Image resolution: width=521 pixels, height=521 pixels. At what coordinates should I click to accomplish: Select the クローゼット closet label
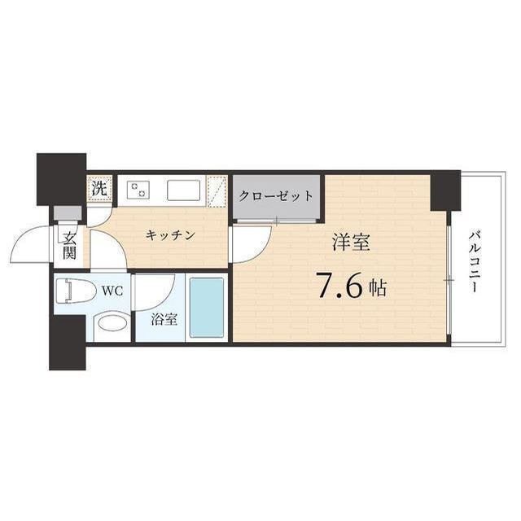276,196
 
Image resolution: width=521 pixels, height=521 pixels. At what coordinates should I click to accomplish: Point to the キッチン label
171,236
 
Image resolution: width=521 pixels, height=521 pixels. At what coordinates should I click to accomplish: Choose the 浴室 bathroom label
164,318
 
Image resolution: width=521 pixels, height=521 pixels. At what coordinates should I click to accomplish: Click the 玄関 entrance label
69,244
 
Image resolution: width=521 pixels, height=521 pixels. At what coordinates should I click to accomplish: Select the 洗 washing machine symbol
99,190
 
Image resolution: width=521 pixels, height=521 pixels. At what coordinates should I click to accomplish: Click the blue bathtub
206,307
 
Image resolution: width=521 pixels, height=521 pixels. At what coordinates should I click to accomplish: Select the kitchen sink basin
184,190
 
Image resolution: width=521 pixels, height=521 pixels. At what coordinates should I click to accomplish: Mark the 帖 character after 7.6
376,288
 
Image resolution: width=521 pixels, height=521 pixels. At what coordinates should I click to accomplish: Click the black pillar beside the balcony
445,190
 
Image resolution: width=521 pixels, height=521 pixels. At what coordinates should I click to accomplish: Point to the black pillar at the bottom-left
67,342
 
